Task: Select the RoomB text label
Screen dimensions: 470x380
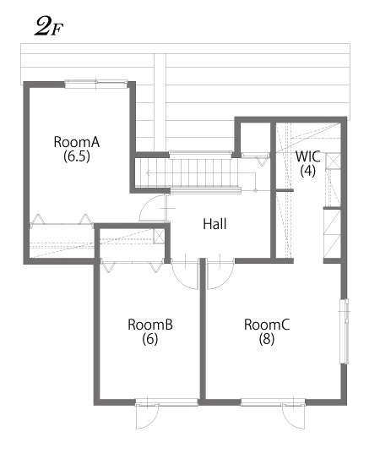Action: tap(150, 324)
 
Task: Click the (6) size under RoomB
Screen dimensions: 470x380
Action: tap(150, 339)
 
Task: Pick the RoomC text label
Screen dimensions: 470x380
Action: tap(267, 324)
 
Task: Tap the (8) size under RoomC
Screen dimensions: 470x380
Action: tap(267, 339)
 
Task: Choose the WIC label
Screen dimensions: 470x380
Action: tap(307, 156)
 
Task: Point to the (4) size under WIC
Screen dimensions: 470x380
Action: tap(307, 170)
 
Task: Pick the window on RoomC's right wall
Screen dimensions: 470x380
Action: tap(344, 331)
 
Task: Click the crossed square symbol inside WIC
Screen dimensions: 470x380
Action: tap(333, 161)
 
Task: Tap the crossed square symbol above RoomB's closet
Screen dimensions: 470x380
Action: tap(160, 237)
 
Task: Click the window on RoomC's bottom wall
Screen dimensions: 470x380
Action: tap(265, 402)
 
